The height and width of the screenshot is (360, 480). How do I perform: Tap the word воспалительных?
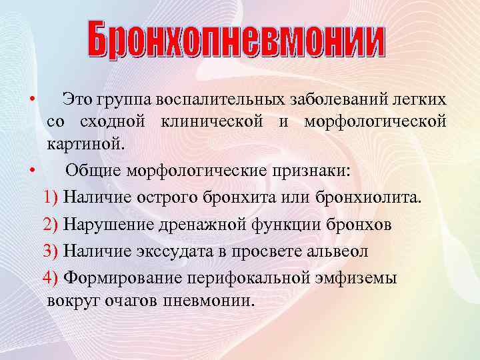pyautogui.click(x=221, y=100)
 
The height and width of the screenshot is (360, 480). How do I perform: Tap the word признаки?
pyautogui.click(x=309, y=169)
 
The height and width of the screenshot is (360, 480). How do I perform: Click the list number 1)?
pyautogui.click(x=51, y=197)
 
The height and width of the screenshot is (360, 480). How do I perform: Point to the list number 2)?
pyautogui.click(x=51, y=225)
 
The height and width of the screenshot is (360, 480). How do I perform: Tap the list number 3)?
pyautogui.click(x=51, y=251)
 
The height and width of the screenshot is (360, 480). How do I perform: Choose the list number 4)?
pyautogui.click(x=51, y=277)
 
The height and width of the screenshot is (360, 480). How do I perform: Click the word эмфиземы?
pyautogui.click(x=359, y=277)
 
